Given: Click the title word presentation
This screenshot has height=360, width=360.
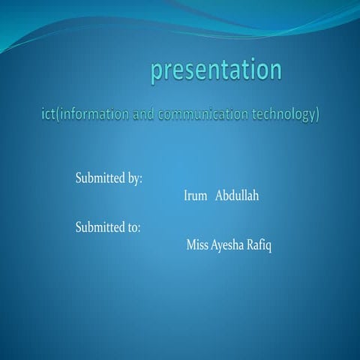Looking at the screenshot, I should point(216,70).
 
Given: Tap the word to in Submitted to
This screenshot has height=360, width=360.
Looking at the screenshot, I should point(133,227).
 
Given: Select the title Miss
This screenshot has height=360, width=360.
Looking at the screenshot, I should point(198,244).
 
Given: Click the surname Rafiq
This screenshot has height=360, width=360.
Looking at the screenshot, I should point(259,245).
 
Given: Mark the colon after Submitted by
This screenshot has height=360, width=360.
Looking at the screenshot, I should point(141,180).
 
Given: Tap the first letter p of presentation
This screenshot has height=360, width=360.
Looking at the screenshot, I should point(157,73).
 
